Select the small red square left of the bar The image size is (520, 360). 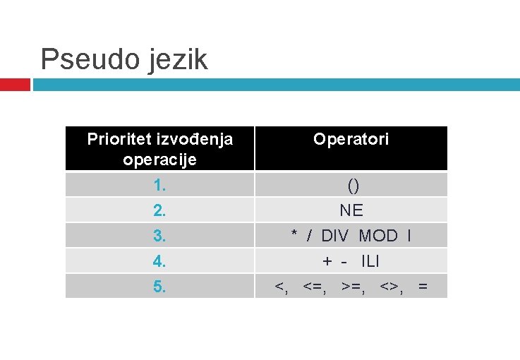[15, 85]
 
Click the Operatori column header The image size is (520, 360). [351, 139]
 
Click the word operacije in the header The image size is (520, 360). [159, 160]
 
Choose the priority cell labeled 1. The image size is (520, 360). [159, 186]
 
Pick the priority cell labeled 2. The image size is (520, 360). [159, 210]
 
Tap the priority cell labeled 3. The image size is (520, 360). [159, 235]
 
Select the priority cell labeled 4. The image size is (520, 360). [159, 261]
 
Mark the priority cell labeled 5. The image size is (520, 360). [159, 286]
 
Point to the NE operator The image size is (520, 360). [351, 210]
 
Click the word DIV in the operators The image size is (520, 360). [335, 235]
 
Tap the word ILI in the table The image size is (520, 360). [370, 261]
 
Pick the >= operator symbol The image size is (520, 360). [351, 287]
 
